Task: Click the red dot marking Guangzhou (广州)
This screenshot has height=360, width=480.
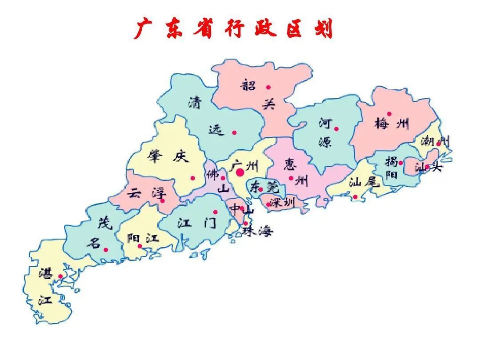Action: [240, 172]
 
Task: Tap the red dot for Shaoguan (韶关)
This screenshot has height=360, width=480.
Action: [268, 88]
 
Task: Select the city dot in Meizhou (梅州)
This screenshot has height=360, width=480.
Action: [389, 114]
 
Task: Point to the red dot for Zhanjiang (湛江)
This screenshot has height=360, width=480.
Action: [60, 276]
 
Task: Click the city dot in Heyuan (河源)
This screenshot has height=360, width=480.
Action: [336, 129]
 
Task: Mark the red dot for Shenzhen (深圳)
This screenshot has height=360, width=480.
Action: [268, 204]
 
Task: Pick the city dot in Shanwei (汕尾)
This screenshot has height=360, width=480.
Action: [355, 197]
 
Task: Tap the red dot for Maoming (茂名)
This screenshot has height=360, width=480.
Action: [106, 249]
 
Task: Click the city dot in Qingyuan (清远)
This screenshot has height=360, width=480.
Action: [234, 132]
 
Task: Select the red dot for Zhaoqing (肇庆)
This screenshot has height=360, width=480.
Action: [192, 178]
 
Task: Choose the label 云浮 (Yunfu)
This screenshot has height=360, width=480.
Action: [146, 194]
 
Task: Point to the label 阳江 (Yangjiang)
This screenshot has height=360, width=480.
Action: [143, 238]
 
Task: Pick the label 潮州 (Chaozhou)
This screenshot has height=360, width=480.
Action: [435, 142]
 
